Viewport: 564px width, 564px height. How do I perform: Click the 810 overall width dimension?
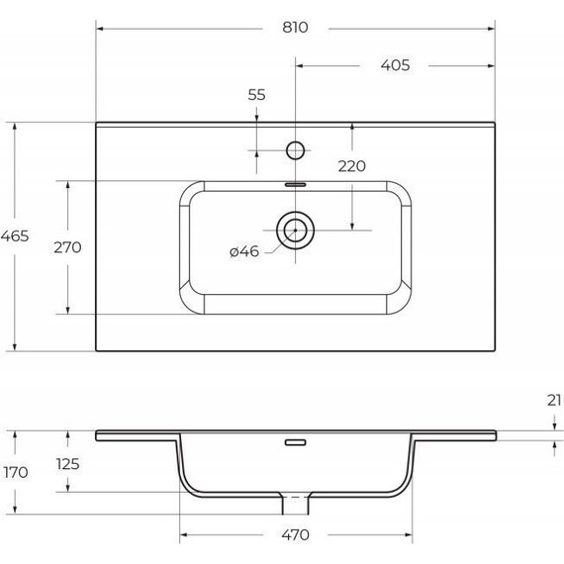[295, 28]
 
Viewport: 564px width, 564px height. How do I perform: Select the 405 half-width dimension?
[395, 65]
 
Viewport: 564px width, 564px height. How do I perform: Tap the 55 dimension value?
[256, 95]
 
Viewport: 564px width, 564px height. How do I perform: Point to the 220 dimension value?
[352, 166]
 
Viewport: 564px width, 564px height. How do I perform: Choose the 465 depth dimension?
[15, 235]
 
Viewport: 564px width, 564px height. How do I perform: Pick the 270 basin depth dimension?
[67, 246]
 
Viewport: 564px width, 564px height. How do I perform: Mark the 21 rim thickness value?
[554, 400]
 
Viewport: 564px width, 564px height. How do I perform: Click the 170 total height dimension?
[15, 472]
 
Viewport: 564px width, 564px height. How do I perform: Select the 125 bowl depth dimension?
[67, 463]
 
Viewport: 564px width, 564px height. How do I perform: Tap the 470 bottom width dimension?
[295, 534]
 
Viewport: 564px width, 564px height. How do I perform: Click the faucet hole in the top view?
[295, 149]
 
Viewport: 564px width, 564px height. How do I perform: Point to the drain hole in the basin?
[295, 231]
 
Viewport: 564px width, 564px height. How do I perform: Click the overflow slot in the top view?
[295, 183]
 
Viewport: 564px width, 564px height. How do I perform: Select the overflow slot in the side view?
[295, 442]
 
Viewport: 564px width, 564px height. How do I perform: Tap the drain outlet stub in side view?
[295, 505]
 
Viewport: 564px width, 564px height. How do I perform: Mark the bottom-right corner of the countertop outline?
[496, 351]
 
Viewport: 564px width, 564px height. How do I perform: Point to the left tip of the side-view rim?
[98, 434]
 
